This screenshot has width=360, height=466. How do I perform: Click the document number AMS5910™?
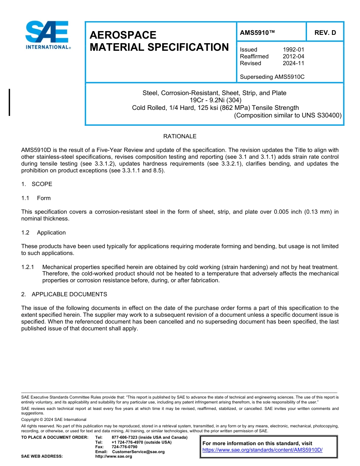257,33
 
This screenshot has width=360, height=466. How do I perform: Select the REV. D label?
325,33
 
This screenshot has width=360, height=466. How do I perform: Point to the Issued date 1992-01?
293,50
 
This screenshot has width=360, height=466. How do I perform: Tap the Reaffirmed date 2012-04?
293,56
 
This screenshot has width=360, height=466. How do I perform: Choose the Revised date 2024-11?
293,63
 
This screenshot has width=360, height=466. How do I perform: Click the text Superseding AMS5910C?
272,77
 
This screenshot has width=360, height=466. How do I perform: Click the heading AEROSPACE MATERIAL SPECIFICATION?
159,41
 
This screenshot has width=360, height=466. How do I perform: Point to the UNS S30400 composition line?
288,115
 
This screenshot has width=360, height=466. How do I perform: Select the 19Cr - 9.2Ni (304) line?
214,100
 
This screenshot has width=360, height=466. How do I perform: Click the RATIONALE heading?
180,136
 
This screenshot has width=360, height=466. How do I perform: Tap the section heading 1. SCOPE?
37,184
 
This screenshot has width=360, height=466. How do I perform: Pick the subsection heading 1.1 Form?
36,198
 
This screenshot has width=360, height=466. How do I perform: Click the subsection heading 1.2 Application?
44,233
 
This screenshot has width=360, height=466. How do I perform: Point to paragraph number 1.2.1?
28,267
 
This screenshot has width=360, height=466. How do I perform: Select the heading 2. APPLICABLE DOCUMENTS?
64,294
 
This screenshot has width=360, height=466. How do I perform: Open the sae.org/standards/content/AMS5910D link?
262,450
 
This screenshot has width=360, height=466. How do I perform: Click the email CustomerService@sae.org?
138,452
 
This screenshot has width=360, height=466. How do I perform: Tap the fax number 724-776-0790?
124,447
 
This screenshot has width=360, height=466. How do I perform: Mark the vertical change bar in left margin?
9,102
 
